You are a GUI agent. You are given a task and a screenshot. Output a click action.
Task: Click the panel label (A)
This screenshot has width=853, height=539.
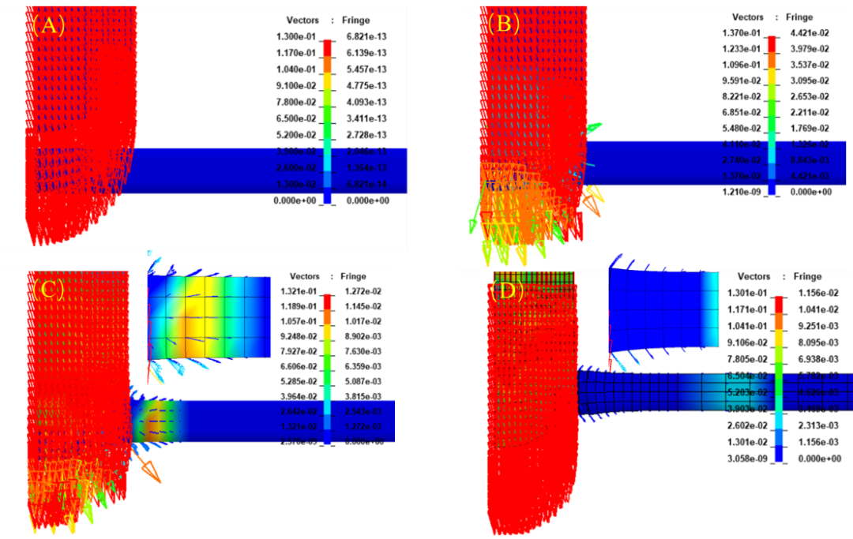pos(47,24)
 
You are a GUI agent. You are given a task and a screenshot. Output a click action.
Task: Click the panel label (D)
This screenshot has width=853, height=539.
pos(505,290)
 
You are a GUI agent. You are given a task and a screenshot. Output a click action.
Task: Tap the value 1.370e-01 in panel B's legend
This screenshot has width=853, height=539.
pos(742,32)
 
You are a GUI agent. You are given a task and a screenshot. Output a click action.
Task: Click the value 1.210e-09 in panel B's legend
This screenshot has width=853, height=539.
pos(742,192)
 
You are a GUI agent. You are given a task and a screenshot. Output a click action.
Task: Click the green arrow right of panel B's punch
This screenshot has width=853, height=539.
pos(592,126)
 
